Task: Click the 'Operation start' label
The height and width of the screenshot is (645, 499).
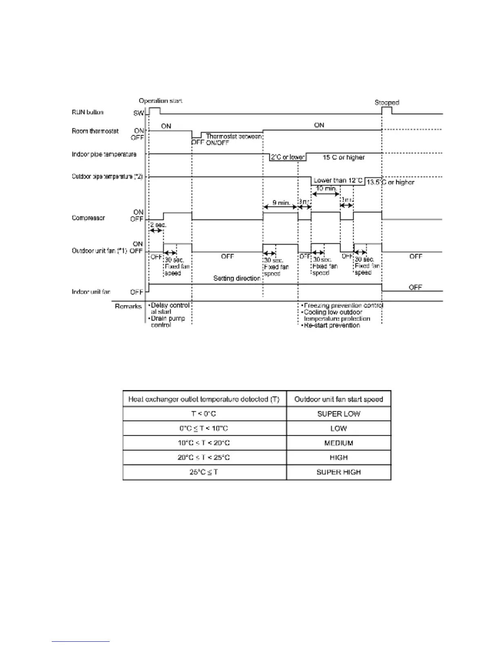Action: click(x=160, y=101)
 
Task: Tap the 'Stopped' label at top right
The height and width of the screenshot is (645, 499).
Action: click(x=386, y=103)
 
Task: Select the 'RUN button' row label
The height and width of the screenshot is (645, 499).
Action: click(x=88, y=112)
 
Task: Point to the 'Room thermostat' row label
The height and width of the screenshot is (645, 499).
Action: click(x=95, y=131)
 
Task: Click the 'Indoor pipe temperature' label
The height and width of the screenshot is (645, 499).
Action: click(x=104, y=154)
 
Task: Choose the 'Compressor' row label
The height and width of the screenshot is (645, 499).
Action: click(x=88, y=218)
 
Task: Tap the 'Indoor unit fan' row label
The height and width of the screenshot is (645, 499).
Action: click(x=91, y=292)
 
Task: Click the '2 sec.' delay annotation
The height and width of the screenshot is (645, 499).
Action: click(x=158, y=225)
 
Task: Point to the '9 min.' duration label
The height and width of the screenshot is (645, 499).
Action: click(x=281, y=202)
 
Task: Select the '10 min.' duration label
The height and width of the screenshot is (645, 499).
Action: click(x=327, y=189)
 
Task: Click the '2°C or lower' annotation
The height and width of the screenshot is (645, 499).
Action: click(x=288, y=157)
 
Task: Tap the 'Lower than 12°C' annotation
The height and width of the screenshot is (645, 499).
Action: click(x=338, y=180)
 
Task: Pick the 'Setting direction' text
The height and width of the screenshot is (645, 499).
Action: click(x=237, y=279)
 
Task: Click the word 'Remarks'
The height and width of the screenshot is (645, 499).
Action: click(x=128, y=306)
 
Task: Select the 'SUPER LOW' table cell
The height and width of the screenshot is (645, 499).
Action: click(x=338, y=414)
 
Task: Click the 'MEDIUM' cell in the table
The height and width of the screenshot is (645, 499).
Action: click(x=338, y=443)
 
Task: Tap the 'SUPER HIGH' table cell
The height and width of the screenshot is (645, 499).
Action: click(x=338, y=472)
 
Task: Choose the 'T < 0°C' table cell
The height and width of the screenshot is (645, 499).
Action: click(x=203, y=414)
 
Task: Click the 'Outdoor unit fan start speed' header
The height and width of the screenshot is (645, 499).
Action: click(x=338, y=399)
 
